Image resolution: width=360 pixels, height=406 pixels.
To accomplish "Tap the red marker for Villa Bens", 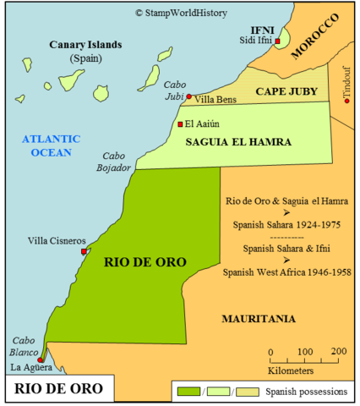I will pyautogui.click(x=188, y=96).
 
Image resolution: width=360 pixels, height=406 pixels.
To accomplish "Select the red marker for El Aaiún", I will pyautogui.click(x=179, y=124).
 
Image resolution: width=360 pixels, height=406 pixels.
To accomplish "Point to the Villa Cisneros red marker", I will pyautogui.click(x=83, y=251).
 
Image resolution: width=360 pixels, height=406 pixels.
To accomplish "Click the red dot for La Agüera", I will pyautogui.click(x=40, y=359).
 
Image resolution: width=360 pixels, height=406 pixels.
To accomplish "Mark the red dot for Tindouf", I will pyautogui.click(x=346, y=101).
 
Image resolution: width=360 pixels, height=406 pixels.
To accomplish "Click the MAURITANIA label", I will pyautogui.click(x=258, y=318).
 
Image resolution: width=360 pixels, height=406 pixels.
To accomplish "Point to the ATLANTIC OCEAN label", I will pyautogui.click(x=51, y=145).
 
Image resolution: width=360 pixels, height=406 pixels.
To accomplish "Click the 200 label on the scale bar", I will pyautogui.click(x=338, y=352).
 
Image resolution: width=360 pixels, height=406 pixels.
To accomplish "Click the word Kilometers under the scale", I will pyautogui.click(x=291, y=370).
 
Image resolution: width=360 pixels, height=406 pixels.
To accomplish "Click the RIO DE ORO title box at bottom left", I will pyautogui.click(x=57, y=389).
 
